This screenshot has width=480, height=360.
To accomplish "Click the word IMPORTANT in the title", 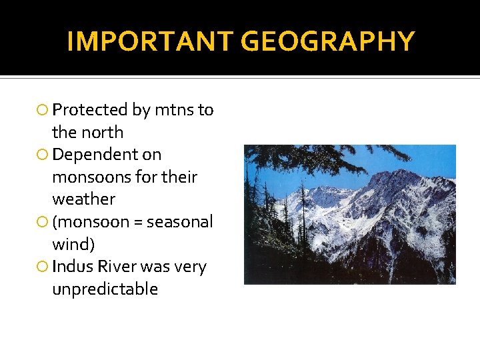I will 151,41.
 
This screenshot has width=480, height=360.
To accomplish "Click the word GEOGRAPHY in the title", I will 327,41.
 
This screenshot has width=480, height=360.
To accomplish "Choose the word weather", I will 83,199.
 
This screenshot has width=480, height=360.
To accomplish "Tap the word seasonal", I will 179,222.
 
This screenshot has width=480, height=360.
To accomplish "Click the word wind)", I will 73,244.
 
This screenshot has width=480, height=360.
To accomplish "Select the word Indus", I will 71,267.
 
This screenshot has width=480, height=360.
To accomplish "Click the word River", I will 116,267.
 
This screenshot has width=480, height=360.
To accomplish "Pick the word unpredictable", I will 105,289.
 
